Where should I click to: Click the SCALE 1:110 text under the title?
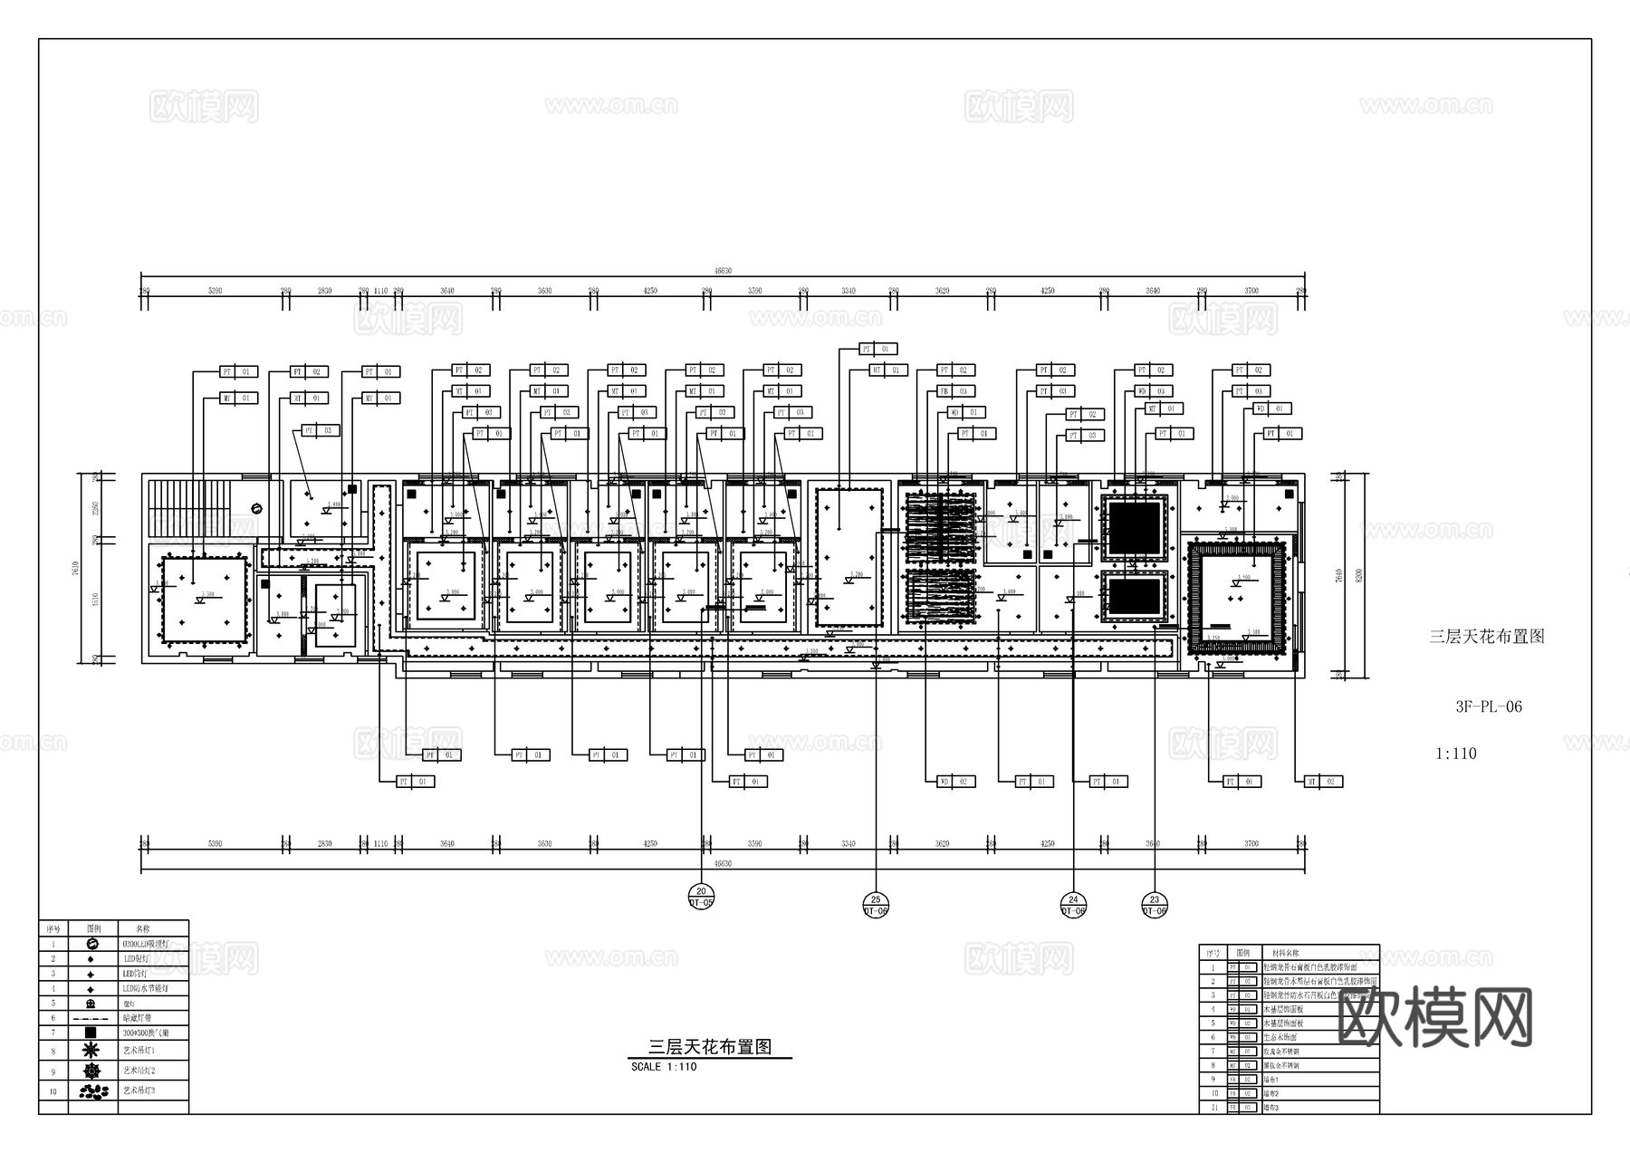[664, 1067]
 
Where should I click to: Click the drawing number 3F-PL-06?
[1489, 707]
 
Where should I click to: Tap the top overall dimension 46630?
[722, 270]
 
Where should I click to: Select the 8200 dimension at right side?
[1358, 575]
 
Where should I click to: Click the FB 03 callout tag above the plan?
[954, 391]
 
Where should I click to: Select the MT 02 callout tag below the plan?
[1323, 781]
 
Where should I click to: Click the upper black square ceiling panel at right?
[1135, 526]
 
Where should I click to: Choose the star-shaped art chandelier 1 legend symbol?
[91, 1051]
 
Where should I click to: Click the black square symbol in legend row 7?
[91, 1033]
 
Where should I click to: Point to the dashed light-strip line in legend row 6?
[91, 1018]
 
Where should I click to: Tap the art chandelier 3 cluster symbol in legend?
[91, 1091]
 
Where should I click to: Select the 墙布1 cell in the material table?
[1272, 1080]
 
